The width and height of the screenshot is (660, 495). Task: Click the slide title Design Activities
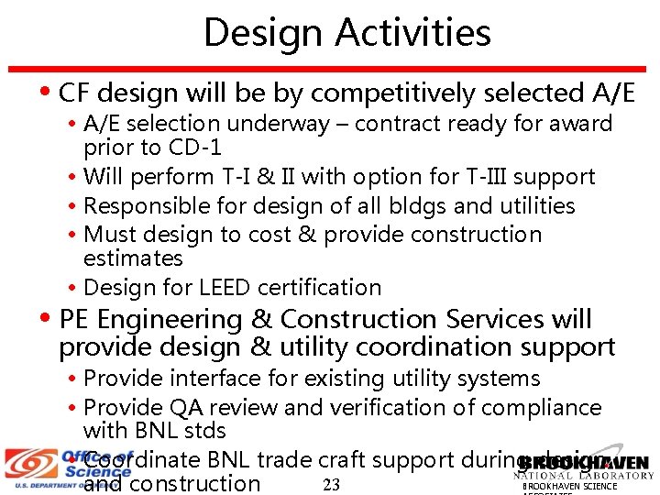(x=347, y=33)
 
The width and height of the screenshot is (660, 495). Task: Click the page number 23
(x=332, y=485)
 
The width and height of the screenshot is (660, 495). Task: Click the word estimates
(x=133, y=258)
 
